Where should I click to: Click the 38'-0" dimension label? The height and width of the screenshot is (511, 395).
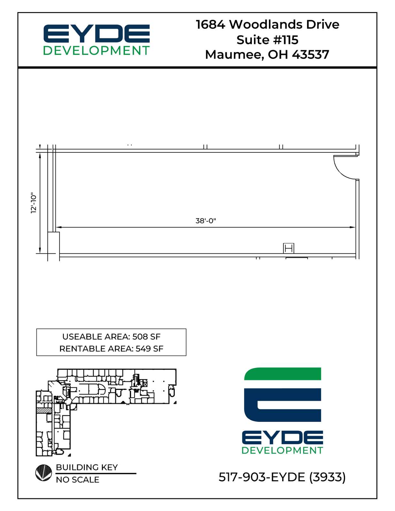[205, 221]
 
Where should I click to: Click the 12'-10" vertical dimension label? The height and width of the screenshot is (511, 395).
[34, 203]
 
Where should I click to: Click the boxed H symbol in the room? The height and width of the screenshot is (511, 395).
[289, 248]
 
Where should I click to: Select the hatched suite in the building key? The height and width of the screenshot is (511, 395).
[44, 411]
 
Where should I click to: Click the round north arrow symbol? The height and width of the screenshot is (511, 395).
[43, 473]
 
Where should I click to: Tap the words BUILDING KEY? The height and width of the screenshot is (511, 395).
[87, 467]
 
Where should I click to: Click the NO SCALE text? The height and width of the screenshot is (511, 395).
[77, 480]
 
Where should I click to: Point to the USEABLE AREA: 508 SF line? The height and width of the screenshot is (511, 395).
[111, 337]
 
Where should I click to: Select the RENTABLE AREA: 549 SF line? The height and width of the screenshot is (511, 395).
[111, 348]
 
